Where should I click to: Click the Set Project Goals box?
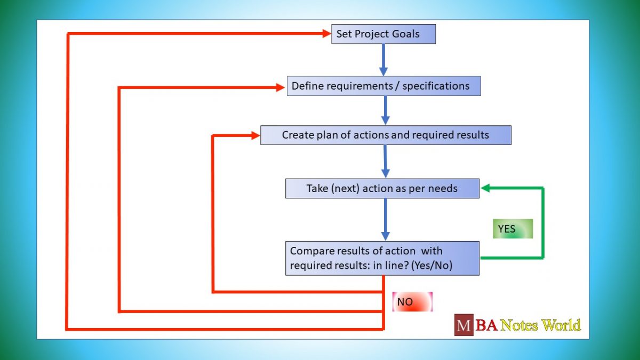[383, 34]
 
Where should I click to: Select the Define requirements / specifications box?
[383, 86]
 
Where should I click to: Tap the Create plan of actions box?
[386, 135]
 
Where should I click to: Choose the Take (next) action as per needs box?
[382, 189]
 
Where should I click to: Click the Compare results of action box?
[382, 258]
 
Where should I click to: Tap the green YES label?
[513, 229]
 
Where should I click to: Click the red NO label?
[412, 302]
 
